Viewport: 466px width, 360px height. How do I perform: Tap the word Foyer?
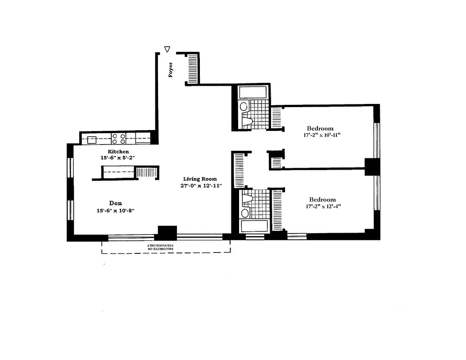171,70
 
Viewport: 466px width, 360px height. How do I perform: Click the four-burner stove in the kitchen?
118,138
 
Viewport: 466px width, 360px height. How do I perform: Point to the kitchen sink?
92,139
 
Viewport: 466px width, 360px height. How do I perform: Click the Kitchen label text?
118,152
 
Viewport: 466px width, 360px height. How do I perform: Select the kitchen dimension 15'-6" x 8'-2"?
118,158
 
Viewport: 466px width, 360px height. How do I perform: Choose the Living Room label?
199,179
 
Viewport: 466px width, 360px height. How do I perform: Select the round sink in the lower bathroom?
246,212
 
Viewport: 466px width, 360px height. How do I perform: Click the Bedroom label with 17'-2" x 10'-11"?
320,128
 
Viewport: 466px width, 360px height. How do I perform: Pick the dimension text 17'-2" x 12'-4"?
322,207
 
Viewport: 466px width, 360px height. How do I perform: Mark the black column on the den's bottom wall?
167,233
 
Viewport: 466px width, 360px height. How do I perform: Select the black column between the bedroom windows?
372,166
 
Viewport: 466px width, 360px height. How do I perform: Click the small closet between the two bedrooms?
276,160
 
